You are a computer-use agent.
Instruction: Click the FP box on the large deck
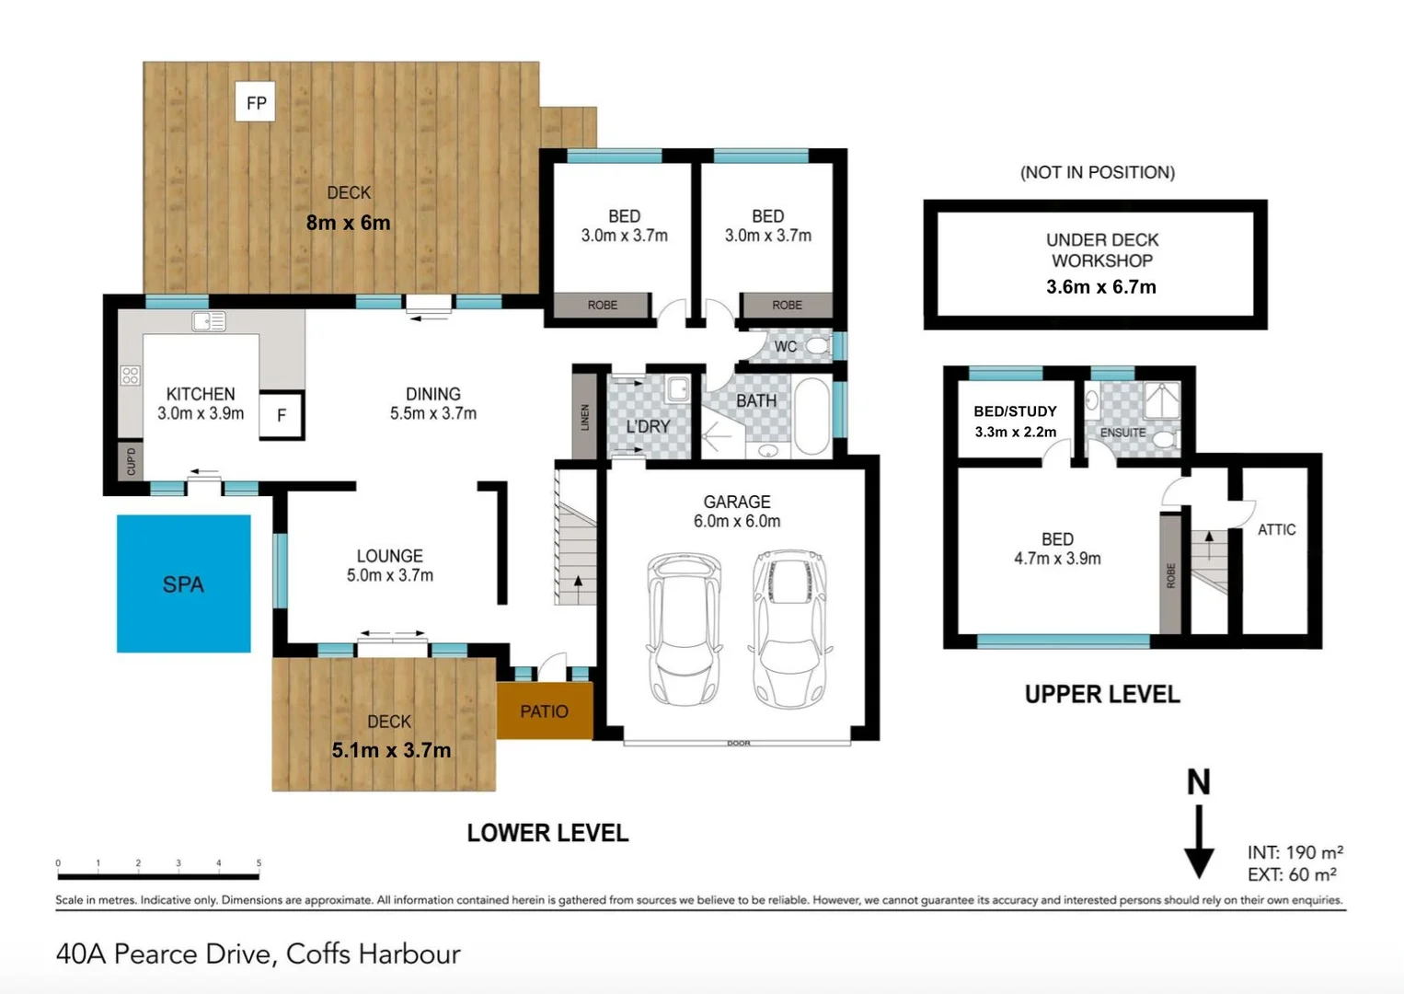[255, 101]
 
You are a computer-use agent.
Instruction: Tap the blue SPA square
[184, 584]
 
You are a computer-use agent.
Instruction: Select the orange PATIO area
[545, 711]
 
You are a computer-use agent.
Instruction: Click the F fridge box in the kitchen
[282, 414]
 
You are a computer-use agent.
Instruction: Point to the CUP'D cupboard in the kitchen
[131, 462]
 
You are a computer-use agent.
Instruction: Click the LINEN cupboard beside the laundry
[584, 416]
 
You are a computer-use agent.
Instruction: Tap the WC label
[786, 347]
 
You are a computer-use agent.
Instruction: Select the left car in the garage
[685, 629]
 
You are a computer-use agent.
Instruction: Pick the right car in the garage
[789, 629]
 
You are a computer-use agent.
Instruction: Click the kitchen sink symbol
[209, 322]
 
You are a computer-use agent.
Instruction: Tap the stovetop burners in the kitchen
[131, 376]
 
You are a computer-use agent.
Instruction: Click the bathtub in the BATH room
[812, 416]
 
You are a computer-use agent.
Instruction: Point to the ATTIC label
[1277, 530]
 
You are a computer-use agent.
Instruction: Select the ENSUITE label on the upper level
[1123, 433]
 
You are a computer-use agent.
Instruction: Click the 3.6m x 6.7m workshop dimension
[1101, 287]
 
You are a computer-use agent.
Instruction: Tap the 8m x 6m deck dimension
[349, 223]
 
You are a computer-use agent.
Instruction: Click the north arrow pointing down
[1199, 842]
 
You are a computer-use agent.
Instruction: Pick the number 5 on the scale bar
[259, 863]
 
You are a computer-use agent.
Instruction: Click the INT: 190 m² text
[1295, 852]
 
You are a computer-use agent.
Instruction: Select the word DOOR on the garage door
[739, 743]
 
